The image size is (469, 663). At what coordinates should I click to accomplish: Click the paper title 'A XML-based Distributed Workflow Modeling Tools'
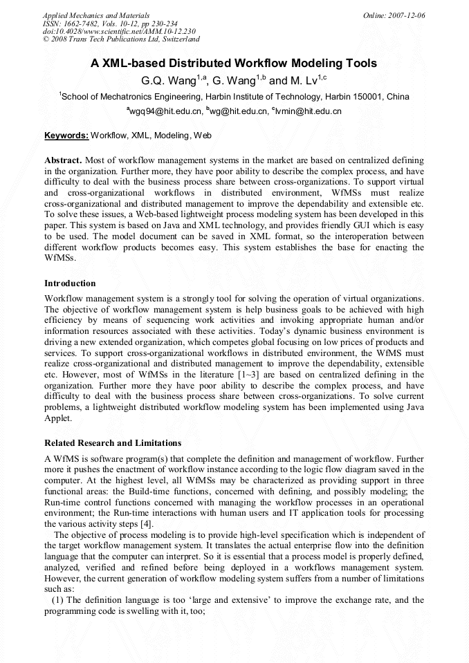click(234, 63)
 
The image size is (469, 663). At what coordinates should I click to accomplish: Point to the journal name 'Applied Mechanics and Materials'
click(96, 15)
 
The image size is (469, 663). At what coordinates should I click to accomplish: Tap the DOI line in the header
click(119, 31)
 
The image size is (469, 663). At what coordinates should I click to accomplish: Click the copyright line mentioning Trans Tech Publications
click(121, 39)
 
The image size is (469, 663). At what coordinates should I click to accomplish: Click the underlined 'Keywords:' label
click(66, 136)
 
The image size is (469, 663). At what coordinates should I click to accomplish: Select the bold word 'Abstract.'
click(63, 160)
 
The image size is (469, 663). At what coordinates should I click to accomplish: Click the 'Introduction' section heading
click(70, 283)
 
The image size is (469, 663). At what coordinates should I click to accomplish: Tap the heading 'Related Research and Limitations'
click(113, 443)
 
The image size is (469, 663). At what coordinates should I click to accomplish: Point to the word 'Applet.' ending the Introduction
click(60, 418)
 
